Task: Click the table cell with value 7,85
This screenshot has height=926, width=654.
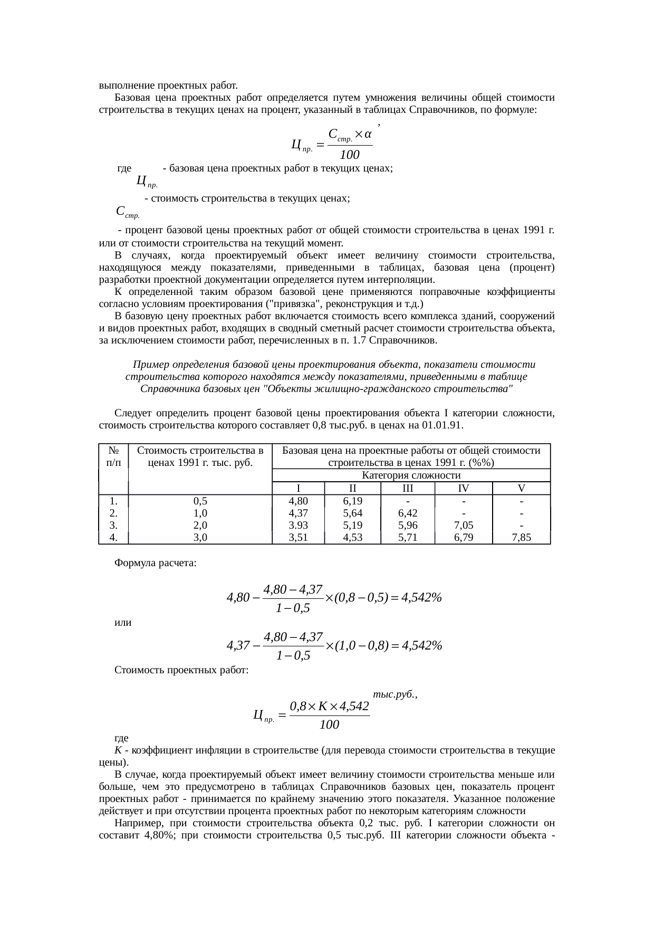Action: click(521, 538)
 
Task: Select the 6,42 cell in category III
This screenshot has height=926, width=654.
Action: click(408, 513)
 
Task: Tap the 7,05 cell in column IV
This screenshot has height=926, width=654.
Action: click(463, 526)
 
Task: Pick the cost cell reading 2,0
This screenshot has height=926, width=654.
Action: click(200, 526)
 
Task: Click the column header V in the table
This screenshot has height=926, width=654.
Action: click(521, 488)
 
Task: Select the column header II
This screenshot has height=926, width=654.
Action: click(352, 488)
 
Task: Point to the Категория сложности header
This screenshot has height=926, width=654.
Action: click(411, 475)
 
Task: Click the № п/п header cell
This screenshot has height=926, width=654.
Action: click(113, 456)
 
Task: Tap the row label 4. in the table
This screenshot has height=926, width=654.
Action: click(113, 538)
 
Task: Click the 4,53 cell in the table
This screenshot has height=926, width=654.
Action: click(352, 538)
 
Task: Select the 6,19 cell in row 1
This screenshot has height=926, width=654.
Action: click(352, 501)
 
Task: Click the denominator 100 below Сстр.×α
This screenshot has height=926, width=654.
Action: click(349, 155)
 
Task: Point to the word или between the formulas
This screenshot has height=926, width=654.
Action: click(123, 623)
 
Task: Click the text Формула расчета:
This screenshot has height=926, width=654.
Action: click(156, 563)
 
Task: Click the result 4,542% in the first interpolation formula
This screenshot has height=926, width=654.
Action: click(421, 598)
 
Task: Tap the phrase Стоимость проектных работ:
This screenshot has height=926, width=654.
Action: click(181, 671)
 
